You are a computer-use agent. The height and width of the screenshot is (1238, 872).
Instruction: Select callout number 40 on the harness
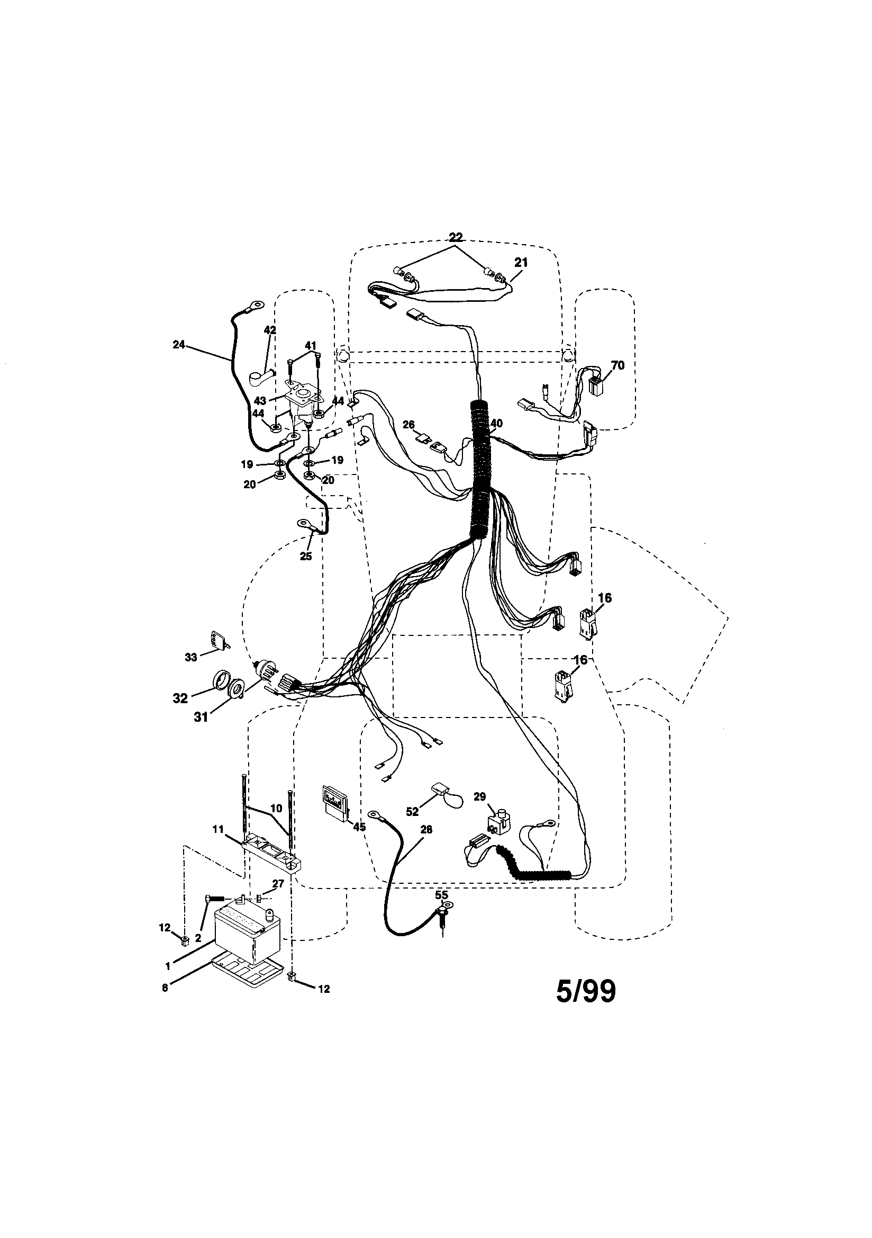(496, 424)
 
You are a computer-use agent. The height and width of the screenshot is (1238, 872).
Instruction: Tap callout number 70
(617, 365)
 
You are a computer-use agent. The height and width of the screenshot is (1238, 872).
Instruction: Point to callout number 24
(179, 345)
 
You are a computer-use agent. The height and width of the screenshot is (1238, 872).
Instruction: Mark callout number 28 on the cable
(426, 830)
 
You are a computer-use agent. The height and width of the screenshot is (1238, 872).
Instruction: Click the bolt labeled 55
(442, 914)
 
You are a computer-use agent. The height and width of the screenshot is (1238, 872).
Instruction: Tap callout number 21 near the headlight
(521, 263)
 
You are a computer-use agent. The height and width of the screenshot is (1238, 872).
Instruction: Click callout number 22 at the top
(456, 237)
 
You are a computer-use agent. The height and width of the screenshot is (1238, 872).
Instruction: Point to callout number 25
(306, 557)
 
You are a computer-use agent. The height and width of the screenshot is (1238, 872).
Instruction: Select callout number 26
(408, 425)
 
